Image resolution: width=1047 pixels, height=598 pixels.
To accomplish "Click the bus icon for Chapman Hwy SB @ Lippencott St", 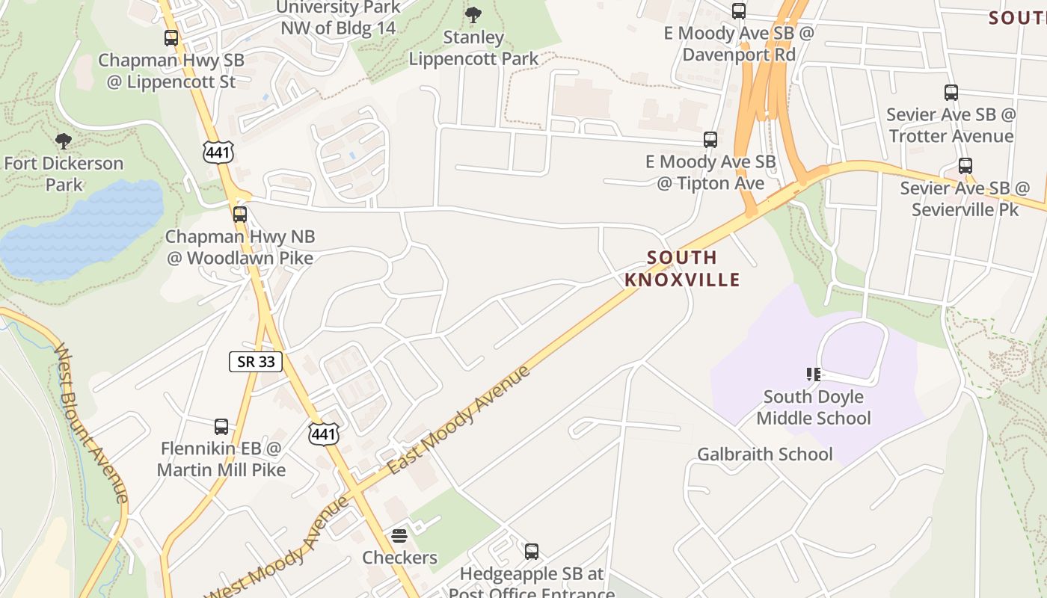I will coord(171,38).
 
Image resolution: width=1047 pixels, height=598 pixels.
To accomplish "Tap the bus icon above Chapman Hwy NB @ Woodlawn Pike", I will coord(239,215).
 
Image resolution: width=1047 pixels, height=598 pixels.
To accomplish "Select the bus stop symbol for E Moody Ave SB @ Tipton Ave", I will coord(710,140).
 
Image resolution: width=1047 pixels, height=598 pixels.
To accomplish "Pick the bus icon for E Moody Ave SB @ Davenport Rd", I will coord(738,11).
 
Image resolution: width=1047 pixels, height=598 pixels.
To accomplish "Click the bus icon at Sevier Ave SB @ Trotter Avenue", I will coord(951,93).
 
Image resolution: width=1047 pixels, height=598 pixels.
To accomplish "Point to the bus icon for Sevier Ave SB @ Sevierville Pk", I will coord(965,166).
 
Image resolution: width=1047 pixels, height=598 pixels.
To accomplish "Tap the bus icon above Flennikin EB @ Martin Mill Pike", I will coord(221,427).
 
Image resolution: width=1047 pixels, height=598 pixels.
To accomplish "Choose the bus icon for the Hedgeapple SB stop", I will coord(531,552).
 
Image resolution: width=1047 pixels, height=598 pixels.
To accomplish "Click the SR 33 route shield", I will coord(255,362).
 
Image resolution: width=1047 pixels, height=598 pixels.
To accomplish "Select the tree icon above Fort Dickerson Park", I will coord(64,141).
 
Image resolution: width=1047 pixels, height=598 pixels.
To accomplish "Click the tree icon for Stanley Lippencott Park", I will coord(473,14).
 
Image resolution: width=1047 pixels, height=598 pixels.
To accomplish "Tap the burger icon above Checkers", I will coord(399,535).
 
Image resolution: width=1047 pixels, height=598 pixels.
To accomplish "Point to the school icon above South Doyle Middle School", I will coord(813,374).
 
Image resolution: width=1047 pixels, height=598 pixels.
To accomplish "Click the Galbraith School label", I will coord(764,454).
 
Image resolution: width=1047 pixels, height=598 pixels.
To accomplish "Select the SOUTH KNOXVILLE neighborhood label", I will coord(682,268).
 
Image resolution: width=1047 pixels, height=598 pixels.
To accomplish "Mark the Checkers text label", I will coord(399,558).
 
